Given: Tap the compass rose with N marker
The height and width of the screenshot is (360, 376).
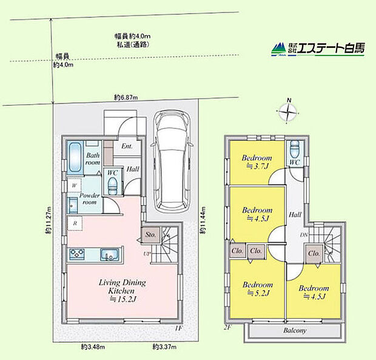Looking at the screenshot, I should pyautogui.click(x=289, y=110).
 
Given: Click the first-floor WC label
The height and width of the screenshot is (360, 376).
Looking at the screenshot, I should pyautogui.click(x=112, y=173).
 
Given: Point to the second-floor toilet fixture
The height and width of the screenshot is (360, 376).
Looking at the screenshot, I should pyautogui.click(x=295, y=149).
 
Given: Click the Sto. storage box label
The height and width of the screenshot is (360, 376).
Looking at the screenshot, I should pyautogui.click(x=150, y=234).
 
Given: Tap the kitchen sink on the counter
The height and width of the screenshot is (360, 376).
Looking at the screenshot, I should pyautogui.click(x=108, y=254).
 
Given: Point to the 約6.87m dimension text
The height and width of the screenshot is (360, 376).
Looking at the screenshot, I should pyautogui.click(x=126, y=98).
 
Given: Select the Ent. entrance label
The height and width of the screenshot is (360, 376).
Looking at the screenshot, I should pyautogui.click(x=127, y=146).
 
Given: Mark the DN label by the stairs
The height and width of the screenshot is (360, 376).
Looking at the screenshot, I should pyautogui.click(x=303, y=235).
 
